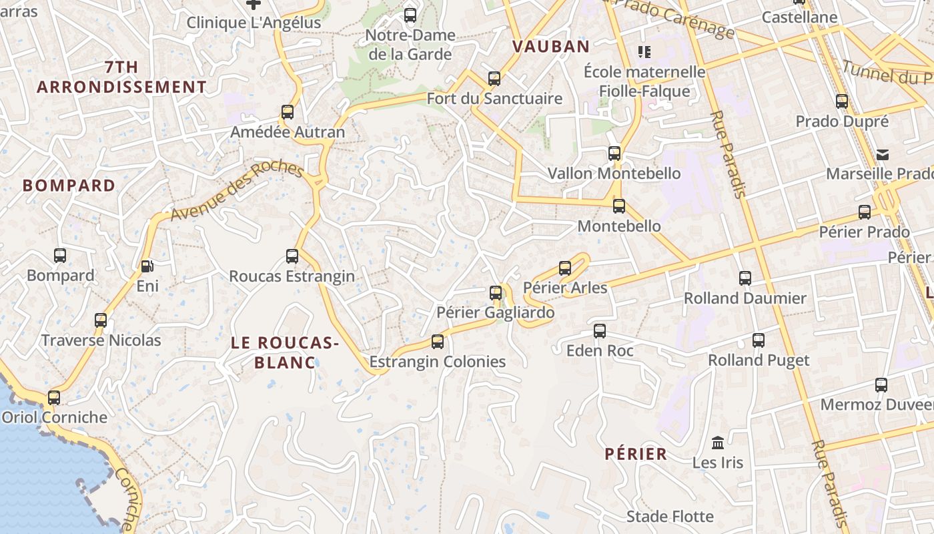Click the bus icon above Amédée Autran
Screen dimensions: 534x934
click(288, 112)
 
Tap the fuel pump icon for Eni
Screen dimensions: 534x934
click(147, 266)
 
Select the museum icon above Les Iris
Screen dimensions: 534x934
click(718, 442)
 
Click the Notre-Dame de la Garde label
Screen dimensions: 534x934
click(410, 45)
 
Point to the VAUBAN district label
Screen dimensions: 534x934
click(551, 47)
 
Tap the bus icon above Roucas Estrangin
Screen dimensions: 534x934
click(292, 256)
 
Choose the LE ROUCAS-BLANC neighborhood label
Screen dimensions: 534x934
click(285, 352)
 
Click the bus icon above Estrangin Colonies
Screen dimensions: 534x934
click(438, 342)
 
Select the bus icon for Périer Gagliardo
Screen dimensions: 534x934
click(496, 292)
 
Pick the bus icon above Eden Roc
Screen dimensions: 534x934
click(600, 330)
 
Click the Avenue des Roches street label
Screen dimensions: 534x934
click(237, 190)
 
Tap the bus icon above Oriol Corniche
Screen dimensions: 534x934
click(54, 398)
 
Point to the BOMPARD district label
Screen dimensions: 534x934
click(69, 186)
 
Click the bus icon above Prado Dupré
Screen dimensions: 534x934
click(842, 101)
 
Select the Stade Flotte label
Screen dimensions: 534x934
click(670, 517)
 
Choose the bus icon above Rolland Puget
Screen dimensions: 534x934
click(759, 340)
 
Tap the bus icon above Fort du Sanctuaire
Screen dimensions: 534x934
click(494, 79)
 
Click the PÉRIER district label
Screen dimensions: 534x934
click(636, 455)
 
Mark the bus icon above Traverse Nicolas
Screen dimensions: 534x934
click(101, 320)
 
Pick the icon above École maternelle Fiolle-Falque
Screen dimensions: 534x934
click(644, 51)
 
